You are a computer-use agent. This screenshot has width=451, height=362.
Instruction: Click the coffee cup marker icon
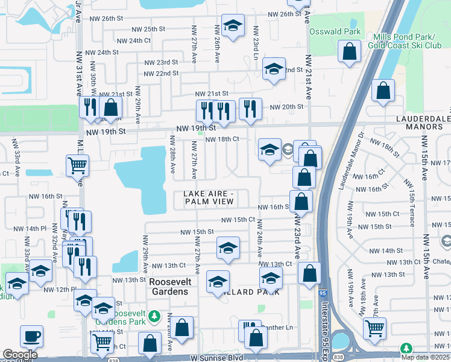(x=31, y=336)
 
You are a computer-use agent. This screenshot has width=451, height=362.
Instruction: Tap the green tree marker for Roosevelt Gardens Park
(x=154, y=316)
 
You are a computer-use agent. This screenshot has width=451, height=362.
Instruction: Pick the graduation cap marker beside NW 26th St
(x=233, y=25)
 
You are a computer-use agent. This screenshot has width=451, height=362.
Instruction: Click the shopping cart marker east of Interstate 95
(x=375, y=328)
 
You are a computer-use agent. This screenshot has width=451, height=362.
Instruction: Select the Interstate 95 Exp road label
(x=326, y=326)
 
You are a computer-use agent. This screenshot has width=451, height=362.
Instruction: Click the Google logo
(x=20, y=355)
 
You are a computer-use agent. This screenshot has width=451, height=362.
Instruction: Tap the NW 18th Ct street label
(x=222, y=139)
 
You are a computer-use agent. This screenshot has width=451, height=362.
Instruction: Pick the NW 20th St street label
(x=286, y=107)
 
